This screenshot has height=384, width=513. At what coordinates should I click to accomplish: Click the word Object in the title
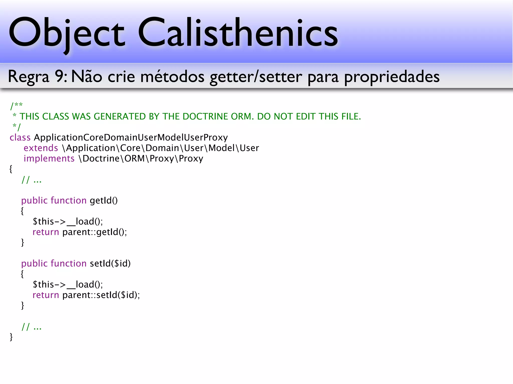point(66,32)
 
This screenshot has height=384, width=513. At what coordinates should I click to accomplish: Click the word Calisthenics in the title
point(238,32)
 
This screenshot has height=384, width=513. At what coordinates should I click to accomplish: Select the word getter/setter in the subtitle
point(256,77)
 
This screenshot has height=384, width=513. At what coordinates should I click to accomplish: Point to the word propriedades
point(392,77)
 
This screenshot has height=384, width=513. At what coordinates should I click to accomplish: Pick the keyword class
point(20,137)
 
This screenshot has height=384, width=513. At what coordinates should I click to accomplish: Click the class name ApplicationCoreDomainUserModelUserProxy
point(131,137)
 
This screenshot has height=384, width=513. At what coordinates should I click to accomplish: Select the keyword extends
point(41,148)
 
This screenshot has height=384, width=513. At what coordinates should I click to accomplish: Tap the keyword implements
point(49,158)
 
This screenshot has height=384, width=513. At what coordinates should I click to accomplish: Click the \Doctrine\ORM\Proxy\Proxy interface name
point(141,158)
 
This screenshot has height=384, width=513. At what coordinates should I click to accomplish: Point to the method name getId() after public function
point(104,200)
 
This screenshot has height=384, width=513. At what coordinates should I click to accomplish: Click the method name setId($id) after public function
point(110,263)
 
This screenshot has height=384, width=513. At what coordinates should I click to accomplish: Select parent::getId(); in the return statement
point(95,232)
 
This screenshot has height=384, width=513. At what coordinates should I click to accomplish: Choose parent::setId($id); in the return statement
point(101,295)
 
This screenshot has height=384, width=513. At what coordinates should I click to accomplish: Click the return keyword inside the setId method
point(46,295)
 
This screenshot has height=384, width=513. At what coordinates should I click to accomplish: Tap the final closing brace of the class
point(11,337)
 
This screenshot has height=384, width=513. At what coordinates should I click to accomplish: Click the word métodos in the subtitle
point(172,76)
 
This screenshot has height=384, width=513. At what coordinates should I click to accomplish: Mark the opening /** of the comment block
point(16,105)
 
